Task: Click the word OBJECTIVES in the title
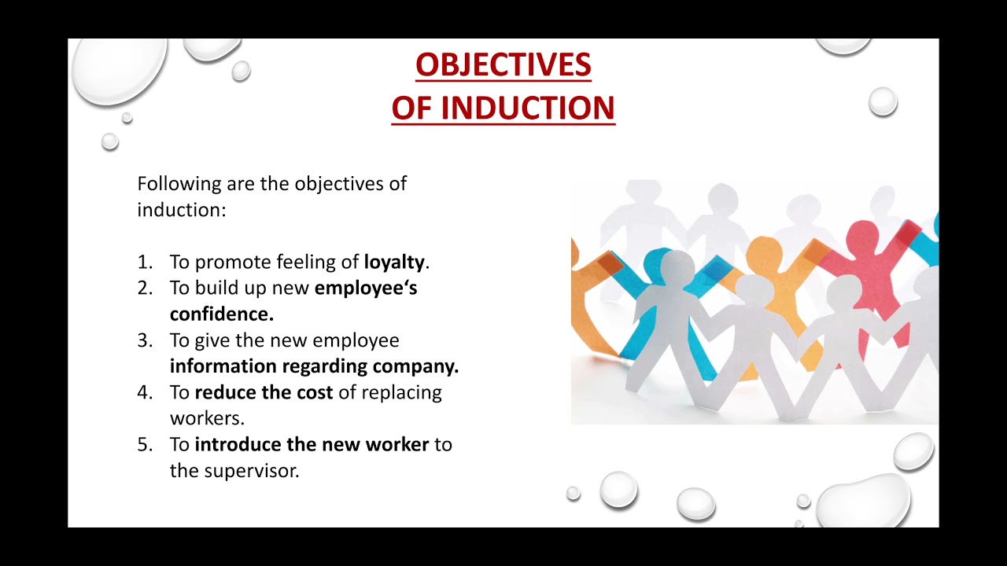pos(503,65)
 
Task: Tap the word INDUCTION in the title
pos(527,108)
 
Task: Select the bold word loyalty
pos(393,262)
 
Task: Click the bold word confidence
pos(221,314)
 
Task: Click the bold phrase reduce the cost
pos(264,392)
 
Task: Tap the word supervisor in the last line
pos(252,471)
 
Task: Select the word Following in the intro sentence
pos(179,184)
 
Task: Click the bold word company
pos(415,366)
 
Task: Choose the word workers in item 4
pos(207,418)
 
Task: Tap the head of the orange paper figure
pos(766,251)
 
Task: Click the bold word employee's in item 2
pos(366,288)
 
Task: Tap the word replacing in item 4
pos(403,392)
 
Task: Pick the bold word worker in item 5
pos(397,444)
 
